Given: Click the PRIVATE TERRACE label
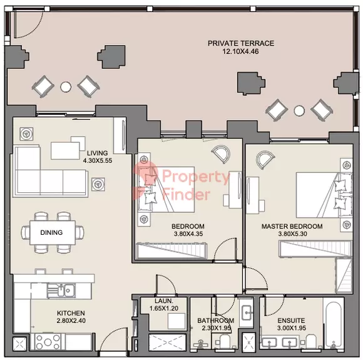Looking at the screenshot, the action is coord(241,43).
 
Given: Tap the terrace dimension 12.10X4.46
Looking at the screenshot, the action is coord(240,51).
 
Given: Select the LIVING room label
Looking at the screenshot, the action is coord(97,153).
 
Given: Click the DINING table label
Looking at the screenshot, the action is coord(51,232).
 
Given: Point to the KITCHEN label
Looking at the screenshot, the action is coord(71,313).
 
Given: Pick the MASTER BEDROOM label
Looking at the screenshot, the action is coord(292,227).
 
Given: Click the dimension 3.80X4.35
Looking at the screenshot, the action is coord(188,234).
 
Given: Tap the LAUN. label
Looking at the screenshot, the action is coord(164,301).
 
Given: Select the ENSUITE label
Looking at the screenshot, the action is coord(291,321).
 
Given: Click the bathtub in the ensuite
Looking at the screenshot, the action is coord(333,325).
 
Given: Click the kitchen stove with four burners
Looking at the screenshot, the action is coord(48,342).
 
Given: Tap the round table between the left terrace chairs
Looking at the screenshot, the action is coord(66,87).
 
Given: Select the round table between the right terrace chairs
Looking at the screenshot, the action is coord(299,111).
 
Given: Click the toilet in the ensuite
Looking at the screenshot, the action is coord(311,341).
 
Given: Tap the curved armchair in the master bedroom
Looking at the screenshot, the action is coord(265,160).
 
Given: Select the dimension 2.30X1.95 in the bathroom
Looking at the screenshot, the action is coord(216,328).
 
